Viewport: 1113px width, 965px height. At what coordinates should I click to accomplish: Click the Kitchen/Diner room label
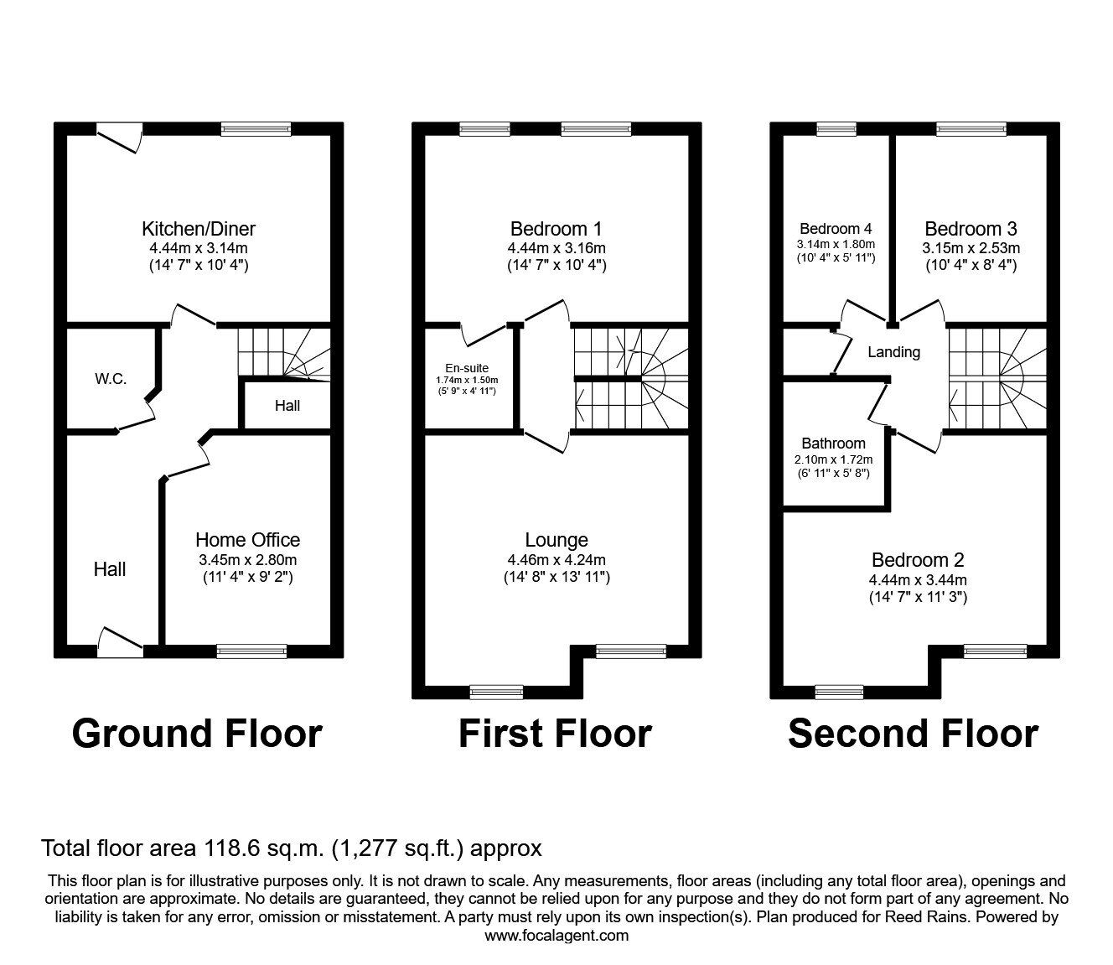199,229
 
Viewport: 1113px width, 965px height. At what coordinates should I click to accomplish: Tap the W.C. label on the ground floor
111,379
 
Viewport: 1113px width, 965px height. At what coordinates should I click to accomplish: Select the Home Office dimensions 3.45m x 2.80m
247,560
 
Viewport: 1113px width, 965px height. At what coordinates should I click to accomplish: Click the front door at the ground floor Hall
120,641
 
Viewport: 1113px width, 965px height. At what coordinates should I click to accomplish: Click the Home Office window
251,650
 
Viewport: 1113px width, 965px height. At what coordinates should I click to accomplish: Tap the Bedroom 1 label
556,229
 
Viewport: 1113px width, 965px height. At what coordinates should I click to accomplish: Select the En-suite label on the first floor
467,368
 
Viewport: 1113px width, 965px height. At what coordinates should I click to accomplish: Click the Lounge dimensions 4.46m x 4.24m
556,560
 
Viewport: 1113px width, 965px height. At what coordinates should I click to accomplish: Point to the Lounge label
556,541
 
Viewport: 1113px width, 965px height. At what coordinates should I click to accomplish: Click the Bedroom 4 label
836,229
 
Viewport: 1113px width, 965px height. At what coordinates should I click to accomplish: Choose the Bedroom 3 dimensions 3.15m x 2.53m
971,248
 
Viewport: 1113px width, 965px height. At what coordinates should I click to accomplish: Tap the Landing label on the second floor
893,352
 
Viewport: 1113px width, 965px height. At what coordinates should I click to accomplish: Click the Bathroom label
833,444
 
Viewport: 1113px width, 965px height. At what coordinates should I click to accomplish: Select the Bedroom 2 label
918,560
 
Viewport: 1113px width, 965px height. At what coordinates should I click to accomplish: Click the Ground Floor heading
197,734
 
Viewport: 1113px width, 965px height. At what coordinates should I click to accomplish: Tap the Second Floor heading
913,734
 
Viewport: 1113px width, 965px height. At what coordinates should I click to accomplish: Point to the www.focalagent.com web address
556,936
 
